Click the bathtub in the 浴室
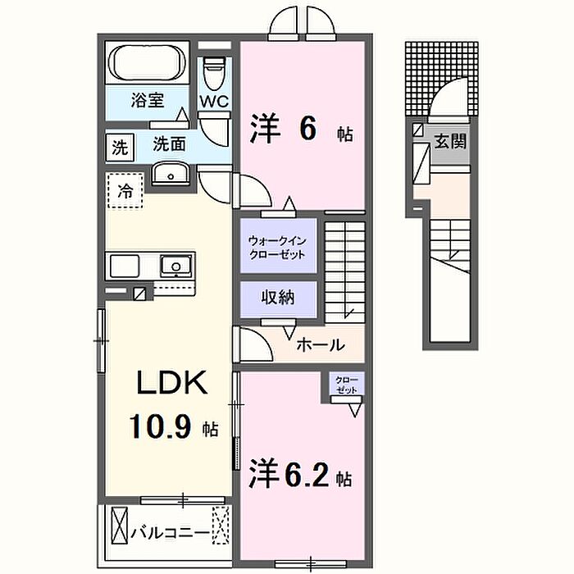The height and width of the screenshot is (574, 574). [150, 63]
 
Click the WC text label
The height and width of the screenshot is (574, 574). [215, 102]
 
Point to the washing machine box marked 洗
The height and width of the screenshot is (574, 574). [121, 148]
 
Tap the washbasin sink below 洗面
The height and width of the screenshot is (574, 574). [170, 174]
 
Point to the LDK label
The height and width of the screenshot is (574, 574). [171, 383]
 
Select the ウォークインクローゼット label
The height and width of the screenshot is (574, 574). [277, 248]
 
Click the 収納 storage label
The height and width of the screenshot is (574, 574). [277, 297]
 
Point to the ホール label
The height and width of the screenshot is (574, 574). [320, 344]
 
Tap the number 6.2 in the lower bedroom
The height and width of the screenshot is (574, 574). [308, 475]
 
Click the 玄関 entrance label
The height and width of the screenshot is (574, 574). [449, 141]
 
